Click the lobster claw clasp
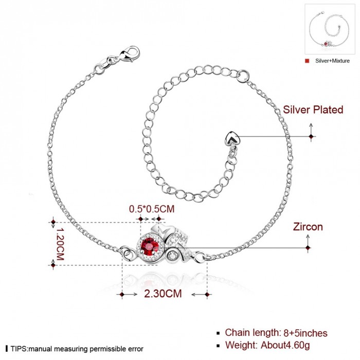click(130, 53)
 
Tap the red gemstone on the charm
click(150, 246)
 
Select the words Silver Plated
click(313, 110)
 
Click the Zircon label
click(308, 227)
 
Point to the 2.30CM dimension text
click(163, 294)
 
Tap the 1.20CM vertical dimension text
click(60, 244)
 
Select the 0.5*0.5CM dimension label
click(152, 209)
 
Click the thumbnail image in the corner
click(329, 29)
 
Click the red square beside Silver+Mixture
click(307, 61)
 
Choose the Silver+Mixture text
click(332, 61)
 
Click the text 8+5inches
click(305, 333)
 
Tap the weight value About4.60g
click(285, 345)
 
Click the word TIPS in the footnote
click(19, 349)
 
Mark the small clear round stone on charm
click(172, 256)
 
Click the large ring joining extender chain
click(243, 77)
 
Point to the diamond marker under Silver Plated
click(311, 137)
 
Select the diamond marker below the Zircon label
click(308, 248)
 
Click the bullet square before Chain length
click(218, 333)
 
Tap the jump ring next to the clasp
click(99, 69)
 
